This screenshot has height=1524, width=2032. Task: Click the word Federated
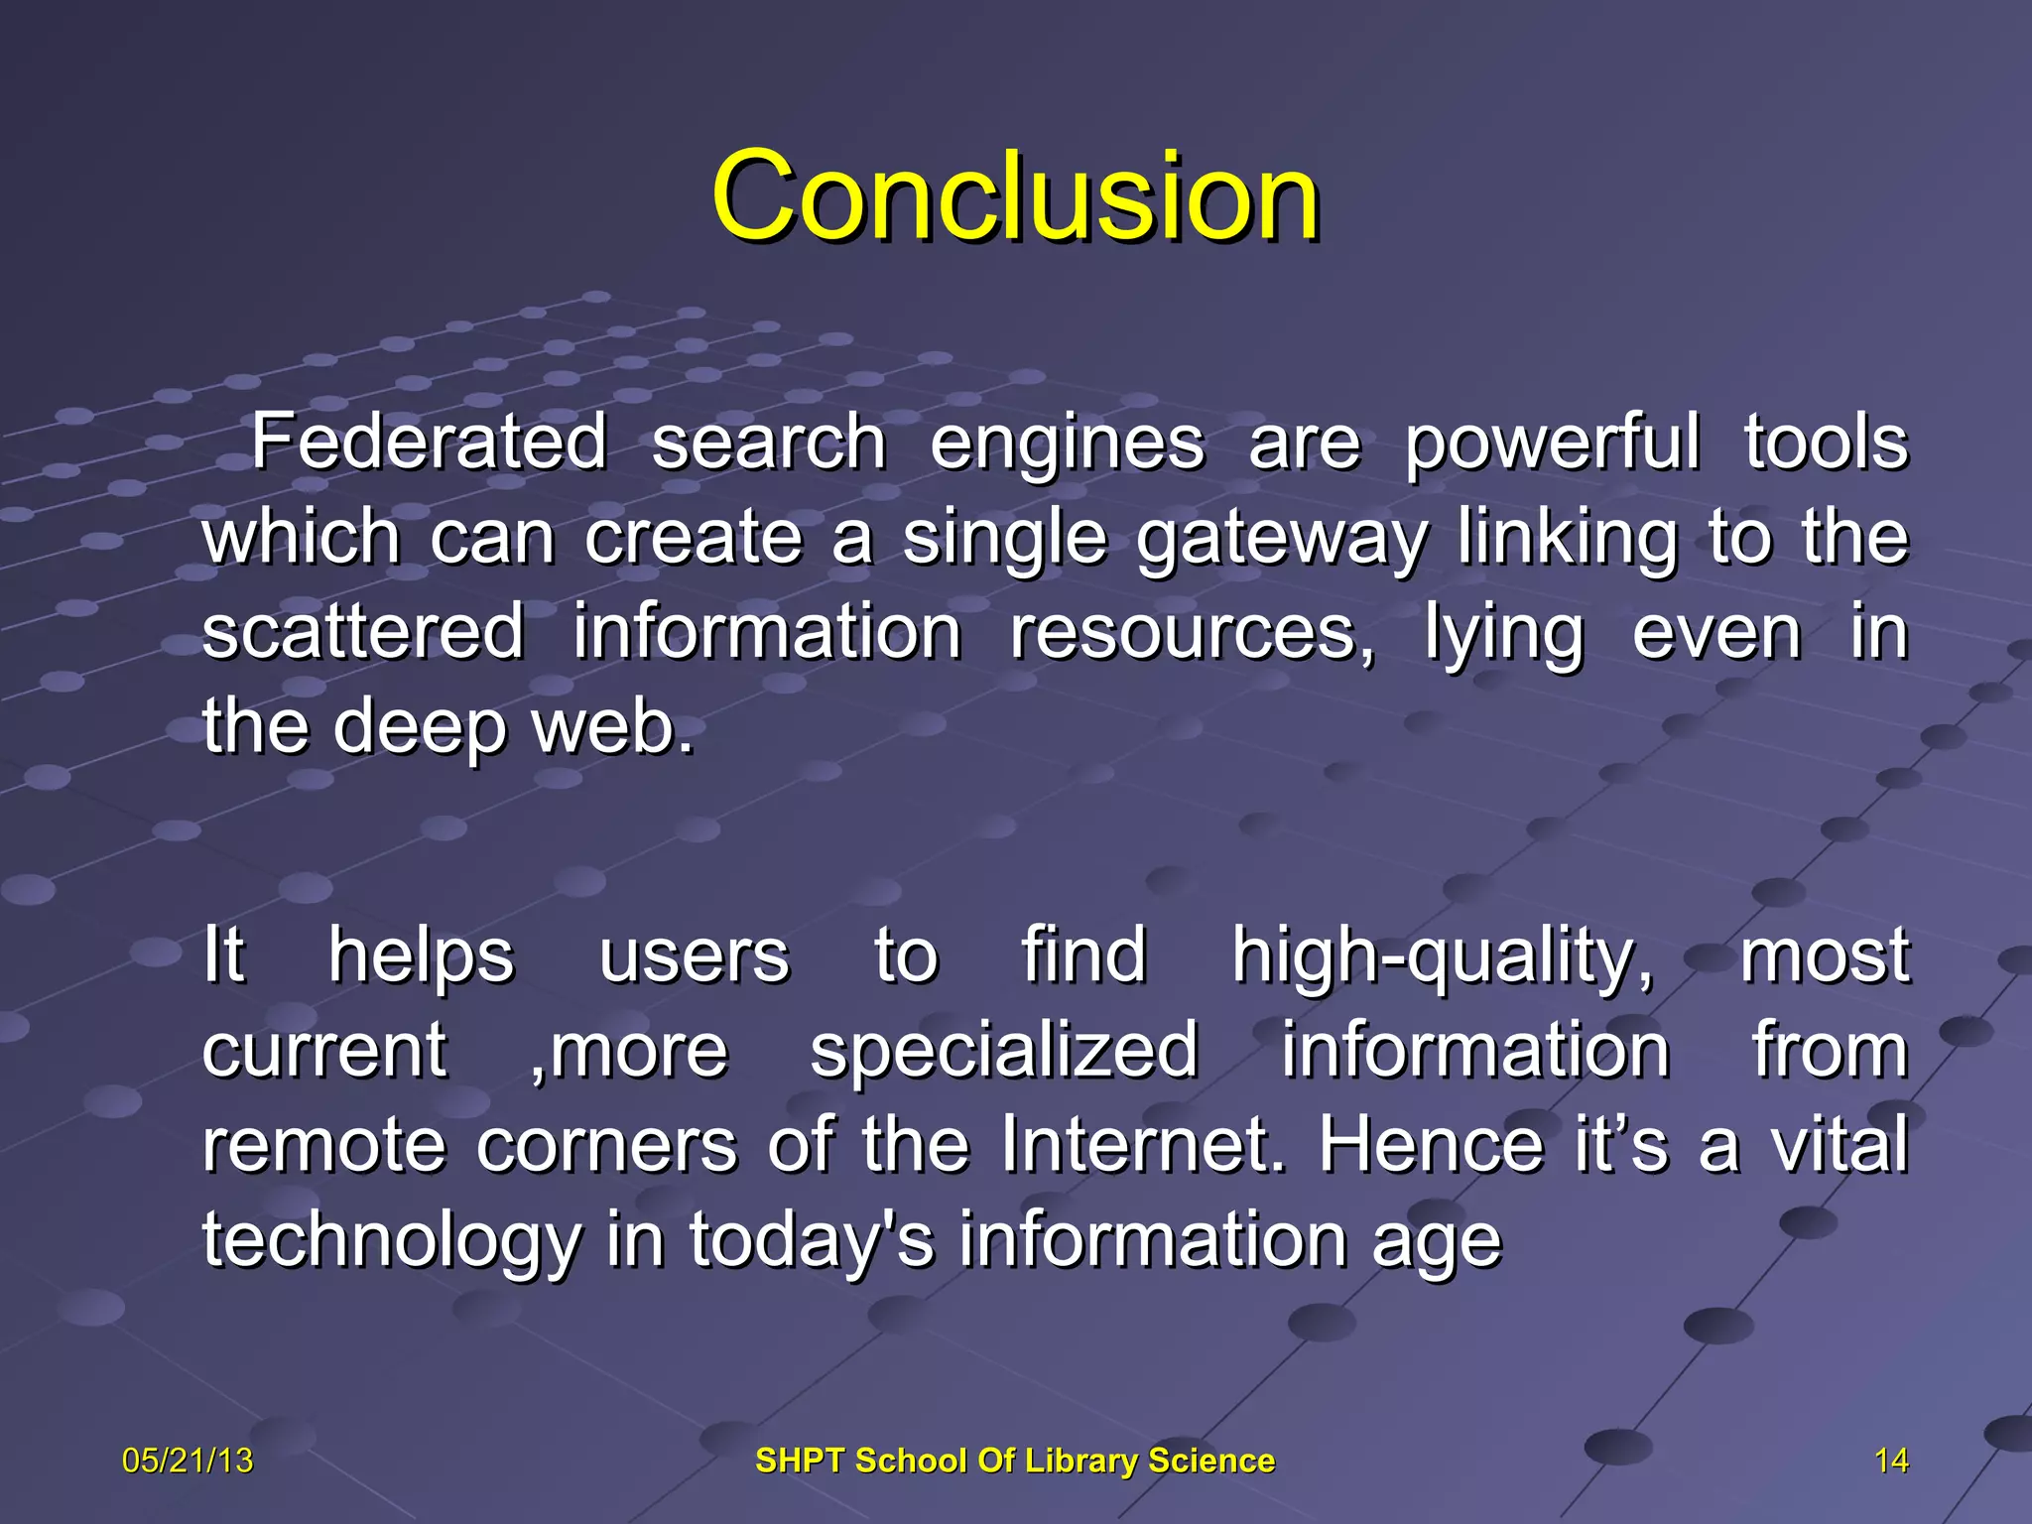[428, 442]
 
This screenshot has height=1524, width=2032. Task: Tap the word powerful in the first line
[1552, 444]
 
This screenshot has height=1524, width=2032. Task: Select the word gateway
[1281, 539]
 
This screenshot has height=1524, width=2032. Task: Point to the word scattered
[363, 632]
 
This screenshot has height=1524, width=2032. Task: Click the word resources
[1191, 632]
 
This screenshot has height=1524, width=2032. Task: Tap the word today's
[812, 1240]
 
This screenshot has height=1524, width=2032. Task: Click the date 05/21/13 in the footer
[188, 1460]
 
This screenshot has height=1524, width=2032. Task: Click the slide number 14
[1891, 1460]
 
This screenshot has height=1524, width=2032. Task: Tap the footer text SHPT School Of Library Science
[1015, 1460]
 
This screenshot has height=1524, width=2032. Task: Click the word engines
[1067, 444]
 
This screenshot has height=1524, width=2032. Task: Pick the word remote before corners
[323, 1145]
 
